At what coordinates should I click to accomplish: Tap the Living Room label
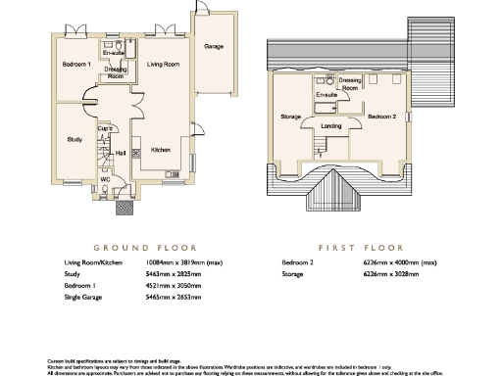[x=163, y=65]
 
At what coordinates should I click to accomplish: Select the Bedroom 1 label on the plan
[x=76, y=65]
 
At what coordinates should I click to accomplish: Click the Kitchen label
[x=161, y=151]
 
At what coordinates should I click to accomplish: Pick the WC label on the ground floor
[x=104, y=179]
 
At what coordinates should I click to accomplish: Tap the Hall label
[x=121, y=153]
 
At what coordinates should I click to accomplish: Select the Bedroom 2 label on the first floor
[x=381, y=117]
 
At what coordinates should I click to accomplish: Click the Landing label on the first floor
[x=330, y=124]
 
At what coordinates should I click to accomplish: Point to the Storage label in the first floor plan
[x=290, y=117]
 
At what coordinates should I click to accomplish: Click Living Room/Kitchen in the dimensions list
[x=90, y=263]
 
